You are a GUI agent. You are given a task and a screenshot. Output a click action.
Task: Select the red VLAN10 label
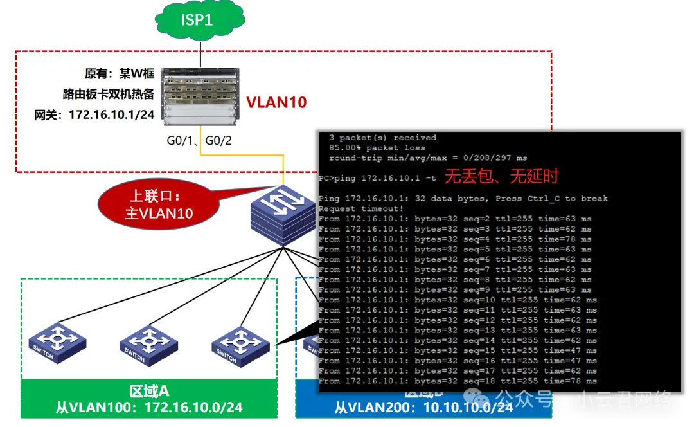(277, 102)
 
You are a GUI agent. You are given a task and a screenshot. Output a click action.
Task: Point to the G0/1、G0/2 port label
(200, 140)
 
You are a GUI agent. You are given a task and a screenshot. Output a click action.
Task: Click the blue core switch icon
(283, 212)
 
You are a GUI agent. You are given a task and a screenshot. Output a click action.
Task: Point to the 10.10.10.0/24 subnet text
(469, 408)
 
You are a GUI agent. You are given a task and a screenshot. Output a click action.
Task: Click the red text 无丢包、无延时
(502, 176)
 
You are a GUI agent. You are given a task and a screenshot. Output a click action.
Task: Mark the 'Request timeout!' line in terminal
(361, 208)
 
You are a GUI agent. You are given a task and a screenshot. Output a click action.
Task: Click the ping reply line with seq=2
(455, 219)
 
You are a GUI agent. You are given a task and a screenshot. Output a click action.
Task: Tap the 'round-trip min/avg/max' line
(427, 158)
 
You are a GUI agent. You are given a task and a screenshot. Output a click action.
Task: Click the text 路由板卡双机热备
(109, 95)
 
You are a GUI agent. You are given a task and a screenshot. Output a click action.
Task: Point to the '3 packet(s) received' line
(382, 138)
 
